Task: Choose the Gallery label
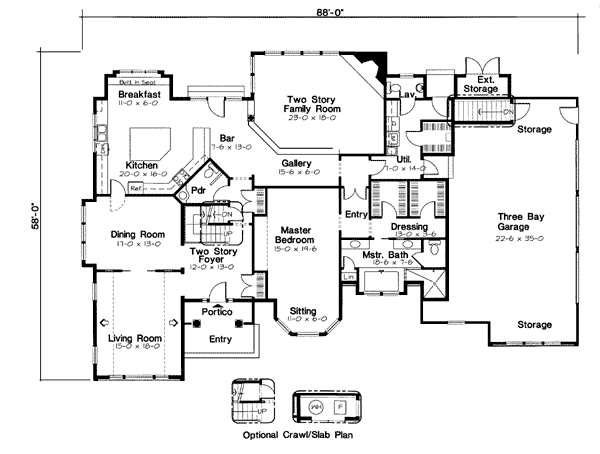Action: [294, 163]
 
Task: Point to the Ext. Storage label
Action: [485, 83]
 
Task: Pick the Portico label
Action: [217, 313]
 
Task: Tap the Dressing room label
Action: [409, 227]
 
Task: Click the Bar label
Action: [227, 139]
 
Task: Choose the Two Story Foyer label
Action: [210, 258]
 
